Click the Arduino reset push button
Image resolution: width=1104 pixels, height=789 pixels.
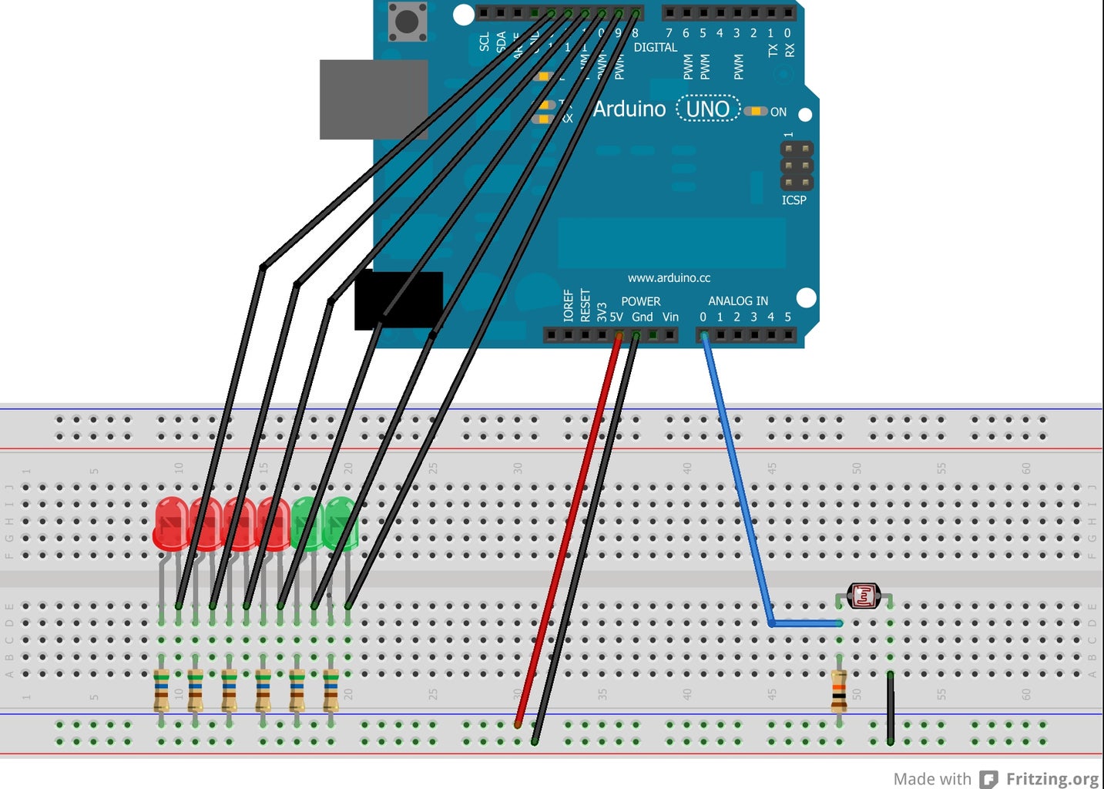(x=406, y=21)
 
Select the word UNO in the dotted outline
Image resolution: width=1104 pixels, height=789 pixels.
(x=707, y=109)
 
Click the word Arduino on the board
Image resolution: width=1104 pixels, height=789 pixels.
(x=629, y=109)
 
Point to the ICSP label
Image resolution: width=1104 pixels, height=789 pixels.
(x=794, y=200)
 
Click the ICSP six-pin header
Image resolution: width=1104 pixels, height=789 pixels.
(x=797, y=166)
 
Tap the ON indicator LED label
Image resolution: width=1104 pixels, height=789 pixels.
(x=778, y=112)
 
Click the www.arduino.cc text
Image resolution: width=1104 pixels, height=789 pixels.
(x=669, y=278)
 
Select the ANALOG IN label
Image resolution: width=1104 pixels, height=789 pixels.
(x=737, y=301)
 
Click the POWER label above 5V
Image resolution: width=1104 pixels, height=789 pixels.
(x=640, y=301)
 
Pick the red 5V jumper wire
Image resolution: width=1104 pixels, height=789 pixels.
(x=569, y=532)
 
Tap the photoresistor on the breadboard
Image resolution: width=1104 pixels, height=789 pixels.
(x=863, y=596)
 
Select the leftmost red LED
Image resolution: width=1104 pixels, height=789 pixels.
(x=170, y=524)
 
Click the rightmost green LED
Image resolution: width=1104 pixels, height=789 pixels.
(x=341, y=524)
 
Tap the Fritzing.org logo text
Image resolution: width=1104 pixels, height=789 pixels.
(x=1052, y=779)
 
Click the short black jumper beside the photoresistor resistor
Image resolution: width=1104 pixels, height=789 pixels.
(x=890, y=707)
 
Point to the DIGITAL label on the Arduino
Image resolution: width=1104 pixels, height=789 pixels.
(x=655, y=48)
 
